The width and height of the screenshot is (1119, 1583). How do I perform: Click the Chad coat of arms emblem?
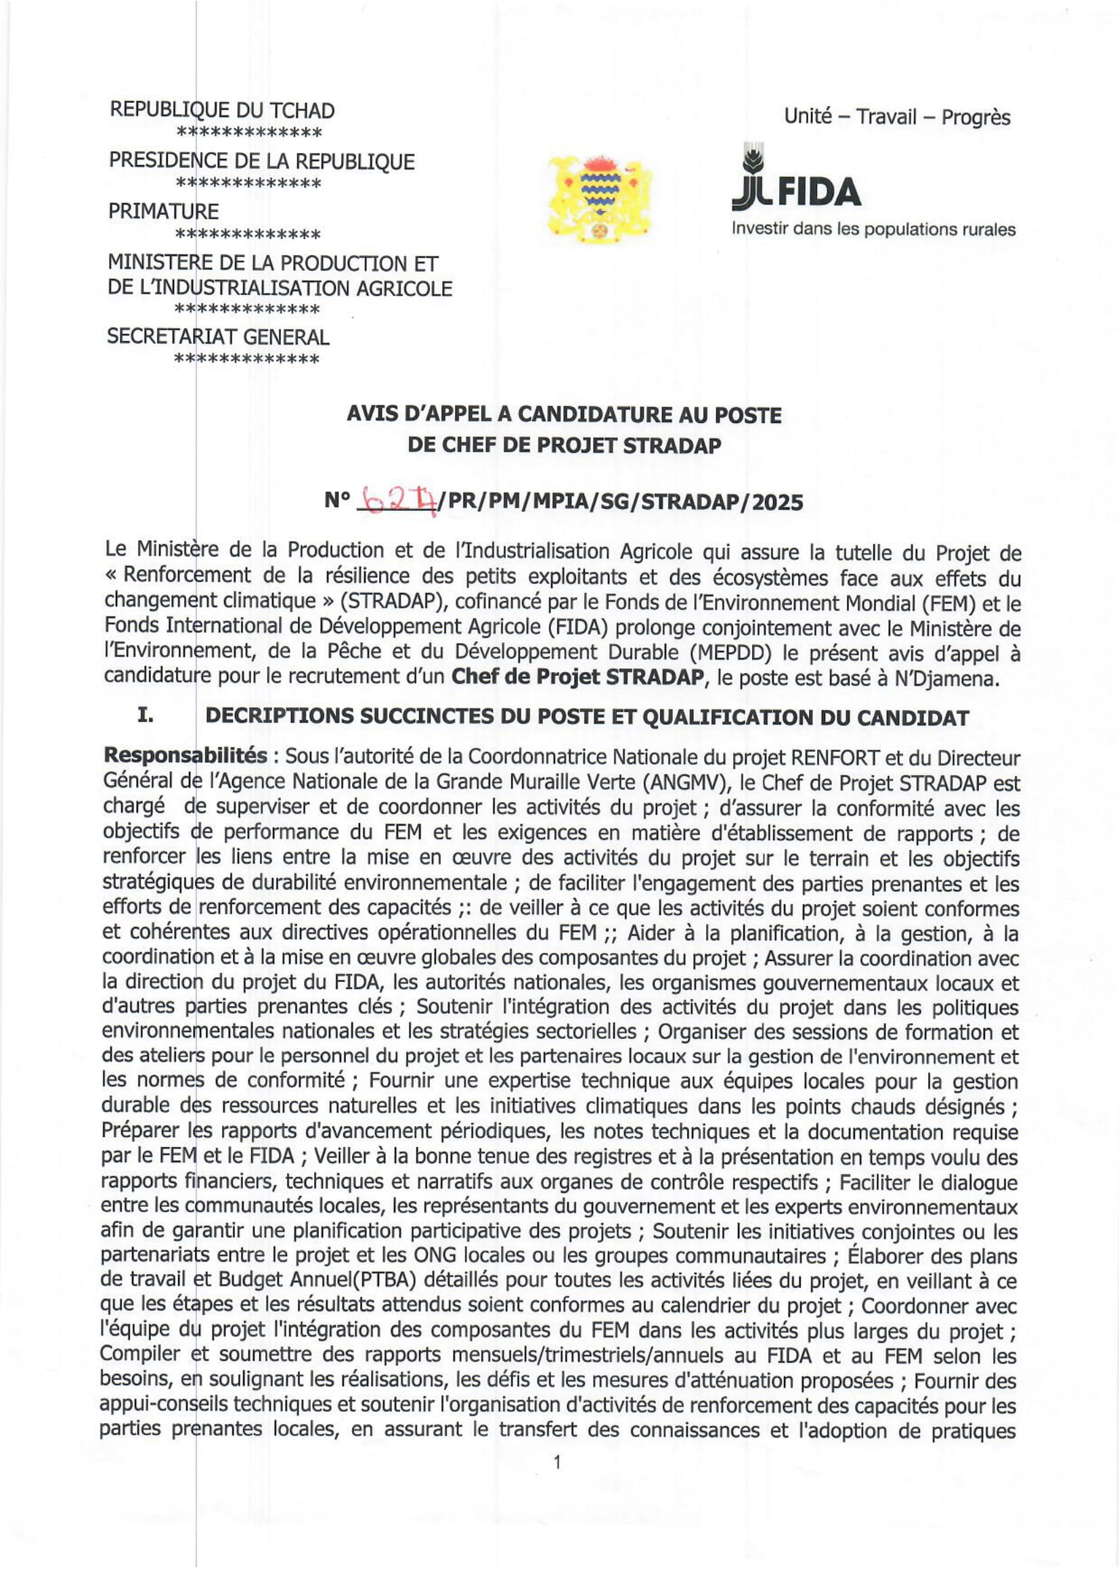pos(600,198)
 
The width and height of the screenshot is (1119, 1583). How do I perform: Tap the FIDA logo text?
pos(797,191)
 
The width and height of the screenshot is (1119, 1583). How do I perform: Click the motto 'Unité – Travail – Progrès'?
pos(896,116)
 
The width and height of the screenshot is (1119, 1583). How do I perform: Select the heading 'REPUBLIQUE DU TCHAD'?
pos(222,110)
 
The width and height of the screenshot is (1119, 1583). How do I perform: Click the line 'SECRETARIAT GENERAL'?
pos(218,336)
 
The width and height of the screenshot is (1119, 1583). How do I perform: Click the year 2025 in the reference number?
pos(778,501)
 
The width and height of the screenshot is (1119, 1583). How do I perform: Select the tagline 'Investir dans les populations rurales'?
pos(873,229)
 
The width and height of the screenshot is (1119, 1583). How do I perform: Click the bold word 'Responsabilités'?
pos(185,756)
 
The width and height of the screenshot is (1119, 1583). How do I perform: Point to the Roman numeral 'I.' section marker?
pos(145,715)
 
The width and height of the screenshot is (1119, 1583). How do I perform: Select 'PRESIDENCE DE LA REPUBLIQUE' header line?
pos(261,161)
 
